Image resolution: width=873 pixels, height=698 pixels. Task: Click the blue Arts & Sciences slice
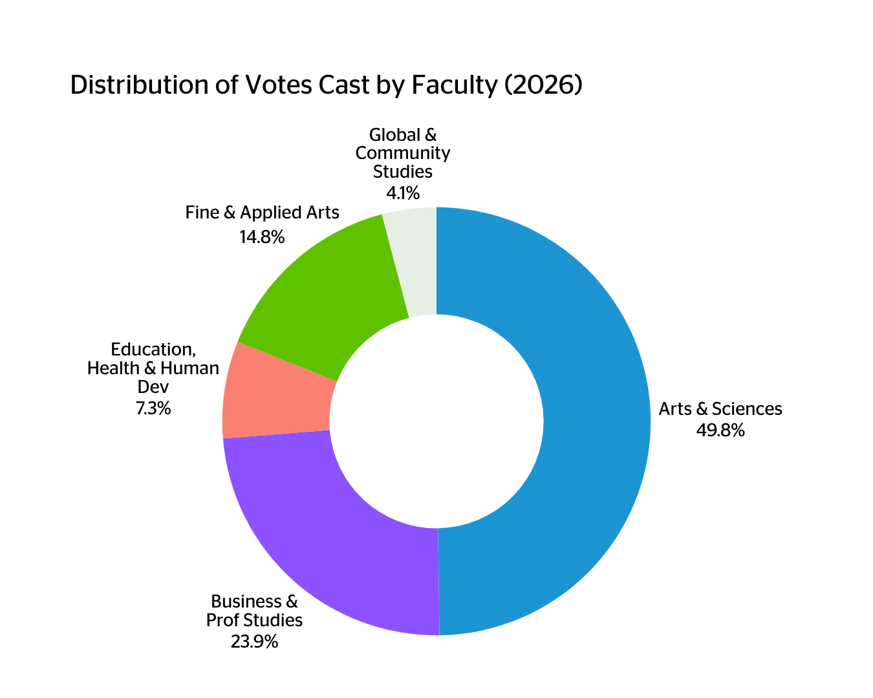click(x=595, y=420)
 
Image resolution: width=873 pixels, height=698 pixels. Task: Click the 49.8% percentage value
click(x=720, y=430)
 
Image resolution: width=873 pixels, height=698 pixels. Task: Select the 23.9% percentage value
click(x=254, y=642)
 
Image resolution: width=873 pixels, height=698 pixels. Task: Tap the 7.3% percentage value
click(x=153, y=408)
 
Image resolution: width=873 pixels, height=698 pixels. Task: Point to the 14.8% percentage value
click(x=262, y=237)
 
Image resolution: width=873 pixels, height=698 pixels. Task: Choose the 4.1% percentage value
click(x=403, y=193)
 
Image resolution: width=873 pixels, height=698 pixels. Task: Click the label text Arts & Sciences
click(x=720, y=409)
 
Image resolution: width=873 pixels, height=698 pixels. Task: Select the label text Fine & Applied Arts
click(x=262, y=213)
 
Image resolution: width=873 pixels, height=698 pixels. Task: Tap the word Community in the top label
click(x=403, y=153)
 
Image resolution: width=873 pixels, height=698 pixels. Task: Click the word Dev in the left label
click(x=153, y=388)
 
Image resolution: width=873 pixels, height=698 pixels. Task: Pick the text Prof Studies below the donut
click(x=254, y=620)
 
